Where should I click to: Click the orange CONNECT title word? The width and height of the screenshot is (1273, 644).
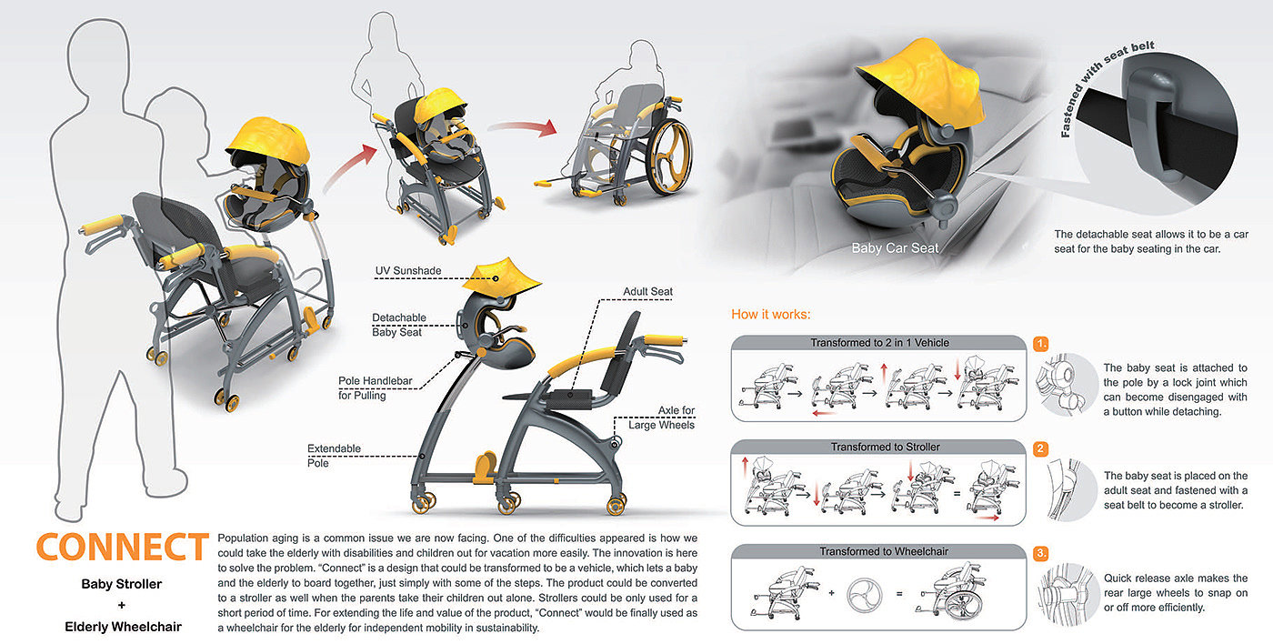click(122, 548)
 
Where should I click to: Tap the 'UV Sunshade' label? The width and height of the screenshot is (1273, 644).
click(408, 271)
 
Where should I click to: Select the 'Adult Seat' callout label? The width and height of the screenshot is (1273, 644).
click(647, 292)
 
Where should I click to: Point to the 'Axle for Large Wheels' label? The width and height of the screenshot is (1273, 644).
click(663, 418)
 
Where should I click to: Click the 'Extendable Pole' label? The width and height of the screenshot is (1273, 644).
click(334, 456)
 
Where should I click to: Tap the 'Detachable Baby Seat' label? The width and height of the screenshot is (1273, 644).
click(398, 325)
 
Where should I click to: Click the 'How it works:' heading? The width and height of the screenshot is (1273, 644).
click(771, 315)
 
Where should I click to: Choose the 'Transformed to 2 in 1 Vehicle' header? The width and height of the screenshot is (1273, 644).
click(879, 343)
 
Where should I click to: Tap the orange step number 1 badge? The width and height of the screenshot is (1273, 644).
click(1042, 345)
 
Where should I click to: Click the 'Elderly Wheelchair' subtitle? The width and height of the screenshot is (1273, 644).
click(123, 627)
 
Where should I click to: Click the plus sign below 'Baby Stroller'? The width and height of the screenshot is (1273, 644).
click(122, 605)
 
